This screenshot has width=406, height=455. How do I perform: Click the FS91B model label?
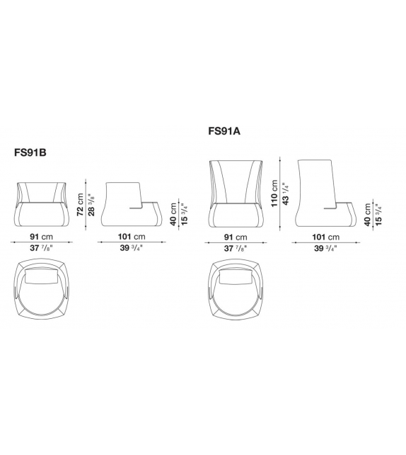(31, 152)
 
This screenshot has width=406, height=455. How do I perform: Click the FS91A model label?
(225, 130)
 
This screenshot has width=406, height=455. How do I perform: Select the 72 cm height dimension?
(80, 203)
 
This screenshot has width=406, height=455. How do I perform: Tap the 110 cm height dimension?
(274, 193)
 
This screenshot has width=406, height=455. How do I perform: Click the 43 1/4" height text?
(284, 193)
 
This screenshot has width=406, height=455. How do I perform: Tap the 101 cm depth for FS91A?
(325, 237)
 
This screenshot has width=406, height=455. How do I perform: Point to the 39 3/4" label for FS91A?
(325, 248)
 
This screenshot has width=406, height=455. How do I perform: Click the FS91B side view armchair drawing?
(132, 204)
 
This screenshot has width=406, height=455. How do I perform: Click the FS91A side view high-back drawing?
(325, 193)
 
